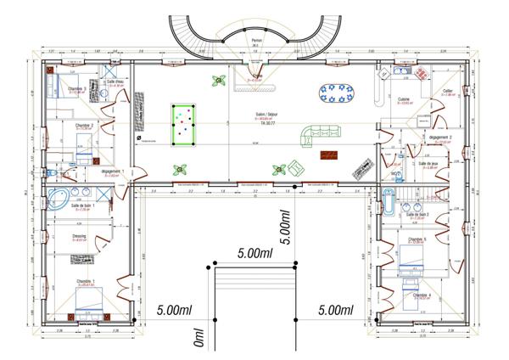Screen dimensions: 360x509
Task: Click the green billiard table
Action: coord(182,123)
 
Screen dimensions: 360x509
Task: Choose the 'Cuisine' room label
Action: coord(405,99)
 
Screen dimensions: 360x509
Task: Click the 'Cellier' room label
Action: coord(448,89)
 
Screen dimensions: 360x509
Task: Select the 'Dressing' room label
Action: coord(81,237)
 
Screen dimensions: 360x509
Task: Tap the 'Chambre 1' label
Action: coord(86,281)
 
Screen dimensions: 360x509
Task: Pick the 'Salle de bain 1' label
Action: coord(83,205)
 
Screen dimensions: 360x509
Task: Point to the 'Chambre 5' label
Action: coord(417,239)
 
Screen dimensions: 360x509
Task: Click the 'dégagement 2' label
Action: coord(440,137)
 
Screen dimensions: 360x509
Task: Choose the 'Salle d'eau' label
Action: coord(115,82)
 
